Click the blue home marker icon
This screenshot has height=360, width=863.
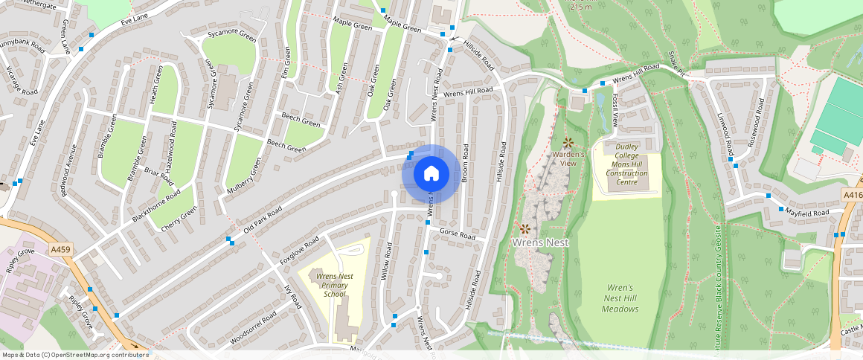(x=431, y=174)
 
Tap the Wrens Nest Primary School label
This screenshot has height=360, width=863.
(x=335, y=285)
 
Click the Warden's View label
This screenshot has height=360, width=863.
(x=569, y=158)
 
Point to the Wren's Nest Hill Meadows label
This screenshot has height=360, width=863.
(x=620, y=298)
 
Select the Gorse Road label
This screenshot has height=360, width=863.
(x=457, y=234)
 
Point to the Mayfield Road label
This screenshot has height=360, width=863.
(x=809, y=213)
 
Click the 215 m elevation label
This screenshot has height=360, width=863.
(x=581, y=7)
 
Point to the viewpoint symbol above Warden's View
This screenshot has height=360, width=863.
(x=568, y=142)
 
